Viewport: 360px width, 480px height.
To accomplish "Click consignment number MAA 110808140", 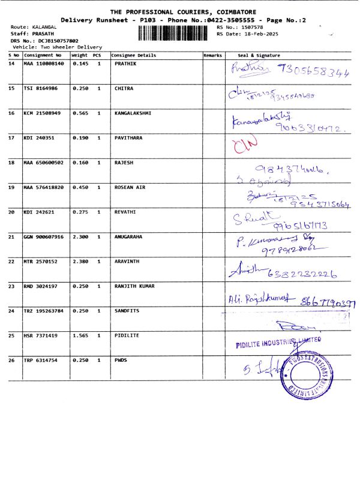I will coord(43,63).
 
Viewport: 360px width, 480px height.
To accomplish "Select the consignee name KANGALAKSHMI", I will coord(133,113).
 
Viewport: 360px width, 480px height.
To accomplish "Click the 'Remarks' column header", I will coord(213,55).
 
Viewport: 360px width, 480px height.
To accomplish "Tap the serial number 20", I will coord(12,212).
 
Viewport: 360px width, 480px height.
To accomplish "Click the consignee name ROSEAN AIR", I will coord(130,187).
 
